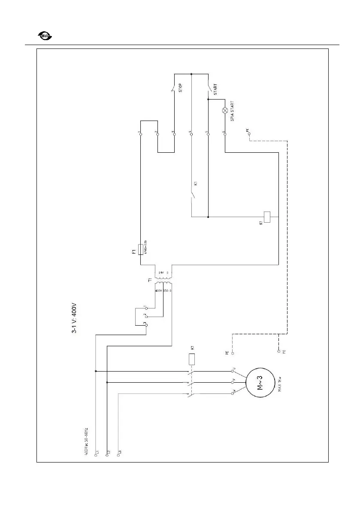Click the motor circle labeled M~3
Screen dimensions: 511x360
coord(260,381)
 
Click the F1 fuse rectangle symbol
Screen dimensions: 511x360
coord(141,251)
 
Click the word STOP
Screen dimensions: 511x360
coord(181,88)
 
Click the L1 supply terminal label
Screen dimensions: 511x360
coord(98,453)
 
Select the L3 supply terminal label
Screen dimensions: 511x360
coord(121,453)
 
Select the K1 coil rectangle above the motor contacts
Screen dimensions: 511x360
coord(192,359)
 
